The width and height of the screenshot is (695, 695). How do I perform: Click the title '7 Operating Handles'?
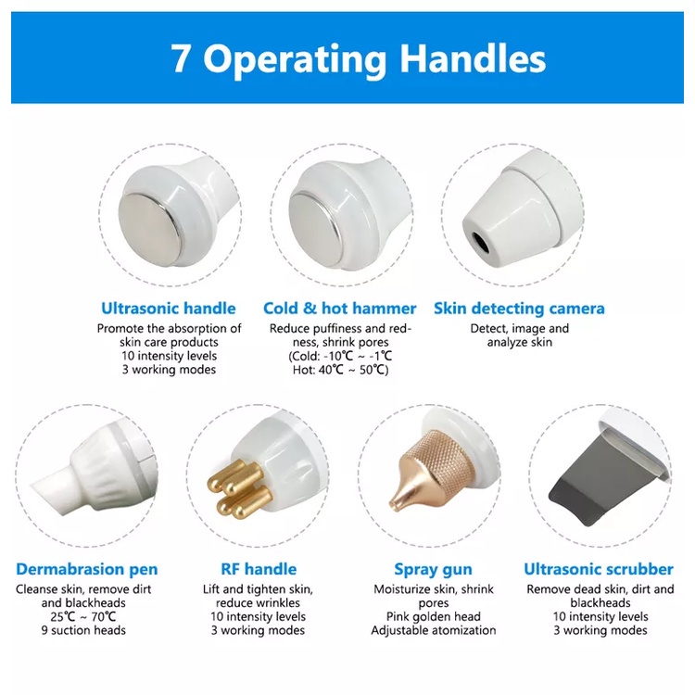tap(358, 59)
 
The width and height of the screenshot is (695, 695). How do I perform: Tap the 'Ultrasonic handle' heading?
tap(169, 308)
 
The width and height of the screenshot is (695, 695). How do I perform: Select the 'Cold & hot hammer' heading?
tap(339, 308)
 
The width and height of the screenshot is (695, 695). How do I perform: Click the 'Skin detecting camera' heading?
tap(519, 309)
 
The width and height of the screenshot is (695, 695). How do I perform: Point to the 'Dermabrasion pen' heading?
tap(87, 569)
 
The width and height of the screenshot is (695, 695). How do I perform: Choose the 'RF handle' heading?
tap(259, 569)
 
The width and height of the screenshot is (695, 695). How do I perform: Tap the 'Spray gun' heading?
tap(433, 570)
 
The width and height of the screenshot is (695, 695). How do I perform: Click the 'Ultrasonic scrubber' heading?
tap(599, 569)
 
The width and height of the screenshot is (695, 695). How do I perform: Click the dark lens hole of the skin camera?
tap(480, 242)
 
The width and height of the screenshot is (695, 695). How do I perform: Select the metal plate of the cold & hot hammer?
tap(317, 230)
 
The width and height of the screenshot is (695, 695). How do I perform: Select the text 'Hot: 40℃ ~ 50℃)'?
tap(340, 370)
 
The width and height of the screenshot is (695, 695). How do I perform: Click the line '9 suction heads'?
tap(83, 630)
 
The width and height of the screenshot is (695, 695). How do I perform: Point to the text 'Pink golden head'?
tap(434, 616)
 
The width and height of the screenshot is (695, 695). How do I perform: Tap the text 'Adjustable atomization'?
tap(434, 630)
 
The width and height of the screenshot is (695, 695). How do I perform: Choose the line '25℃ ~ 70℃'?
tap(83, 616)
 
